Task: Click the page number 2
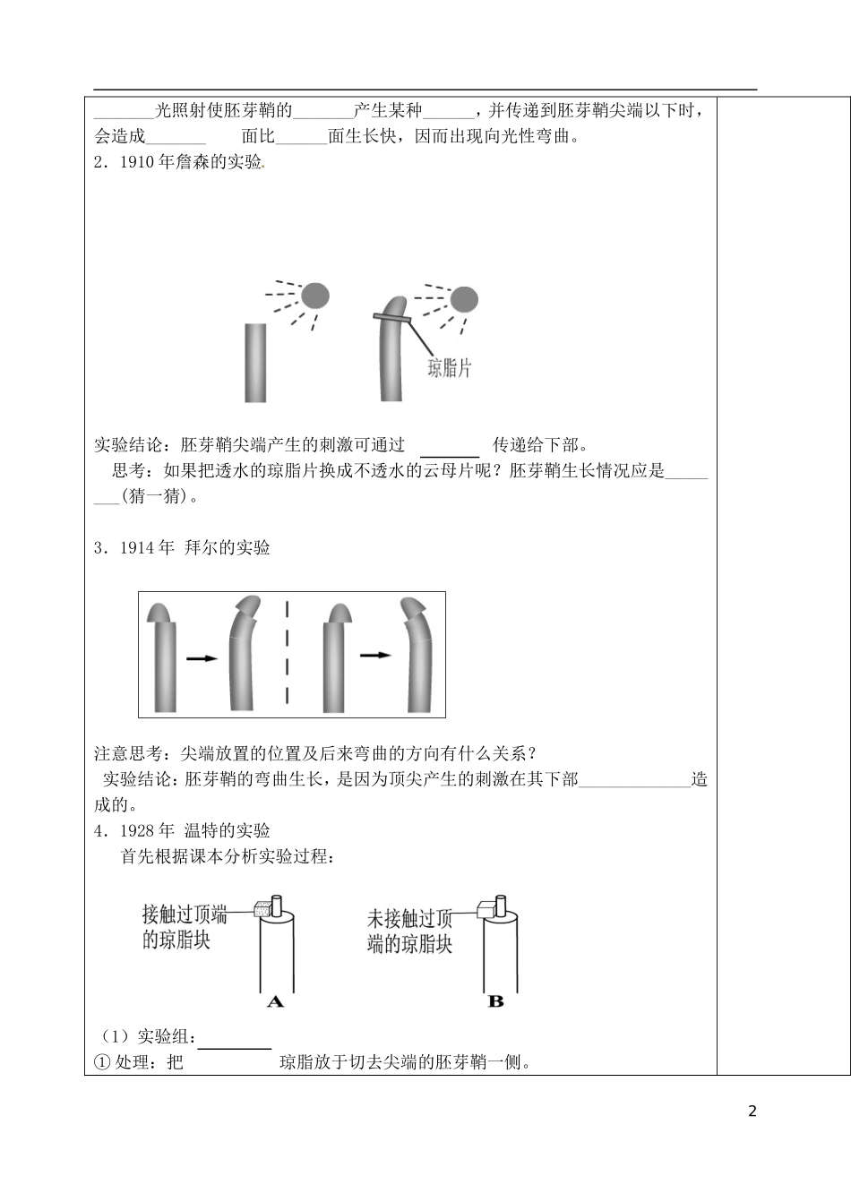[x=752, y=1112]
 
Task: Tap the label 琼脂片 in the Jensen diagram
[x=449, y=367]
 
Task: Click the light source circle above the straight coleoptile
[x=314, y=296]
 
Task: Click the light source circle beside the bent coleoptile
[x=463, y=299]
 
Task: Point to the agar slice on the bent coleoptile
[x=391, y=318]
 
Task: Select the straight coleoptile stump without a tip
[x=255, y=363]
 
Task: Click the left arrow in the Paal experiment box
[x=202, y=658]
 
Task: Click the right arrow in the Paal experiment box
[x=375, y=656]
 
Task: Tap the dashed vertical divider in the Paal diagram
[x=288, y=654]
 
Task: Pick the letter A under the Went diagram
[x=275, y=1001]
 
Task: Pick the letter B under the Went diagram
[x=495, y=1001]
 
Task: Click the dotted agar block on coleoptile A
[x=262, y=908]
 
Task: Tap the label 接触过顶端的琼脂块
[x=184, y=927]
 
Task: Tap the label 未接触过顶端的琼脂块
[x=409, y=932]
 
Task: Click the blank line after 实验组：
[x=234, y=1041]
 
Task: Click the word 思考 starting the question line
[x=129, y=471]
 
